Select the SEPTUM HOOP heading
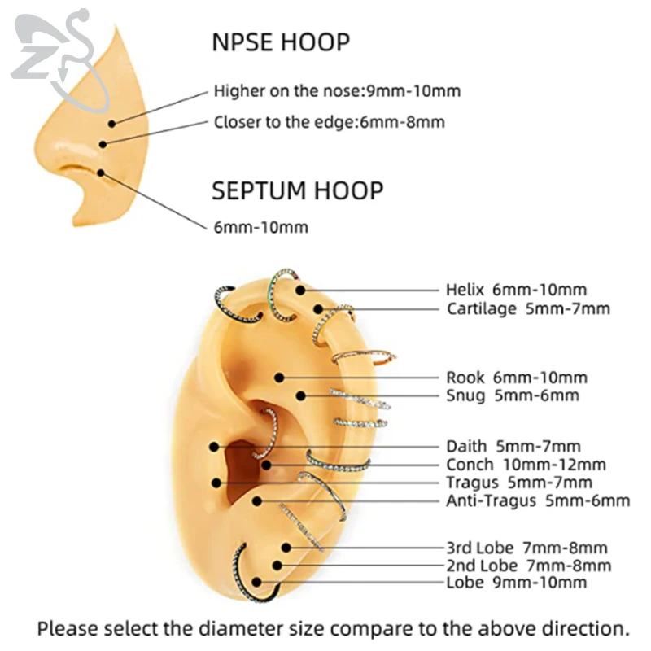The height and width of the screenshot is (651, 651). click(297, 191)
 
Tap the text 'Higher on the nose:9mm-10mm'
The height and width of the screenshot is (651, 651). click(337, 90)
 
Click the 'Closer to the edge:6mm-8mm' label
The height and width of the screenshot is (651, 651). click(329, 123)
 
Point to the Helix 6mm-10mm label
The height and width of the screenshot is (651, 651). click(516, 290)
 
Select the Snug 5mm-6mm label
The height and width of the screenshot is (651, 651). click(513, 395)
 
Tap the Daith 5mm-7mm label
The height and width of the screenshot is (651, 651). click(513, 446)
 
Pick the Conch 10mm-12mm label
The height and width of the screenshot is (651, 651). click(526, 465)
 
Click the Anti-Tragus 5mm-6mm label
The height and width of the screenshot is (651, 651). click(538, 500)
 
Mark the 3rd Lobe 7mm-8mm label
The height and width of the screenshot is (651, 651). click(526, 548)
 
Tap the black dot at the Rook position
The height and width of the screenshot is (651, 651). click(279, 378)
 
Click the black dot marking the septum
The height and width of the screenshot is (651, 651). click(100, 172)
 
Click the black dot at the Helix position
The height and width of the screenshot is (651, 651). click(300, 290)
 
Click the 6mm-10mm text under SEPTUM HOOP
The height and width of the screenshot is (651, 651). click(260, 228)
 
